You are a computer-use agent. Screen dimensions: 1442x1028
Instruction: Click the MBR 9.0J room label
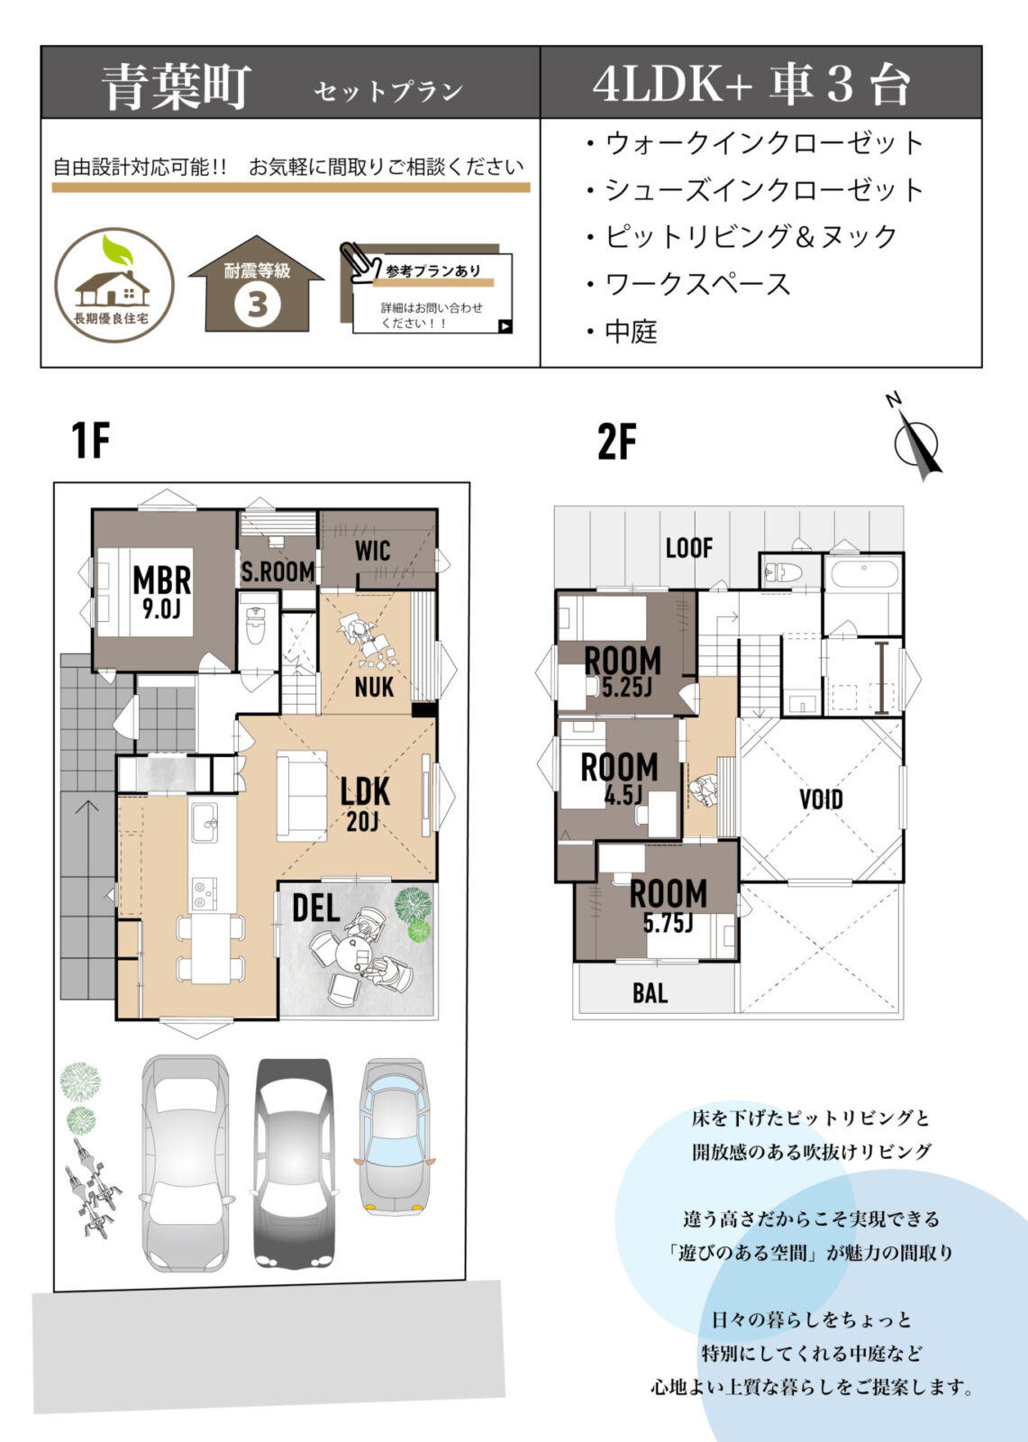[x=161, y=591]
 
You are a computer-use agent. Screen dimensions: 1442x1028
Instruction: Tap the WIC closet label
[x=372, y=550]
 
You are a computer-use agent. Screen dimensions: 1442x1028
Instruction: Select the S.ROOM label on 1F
[x=277, y=571]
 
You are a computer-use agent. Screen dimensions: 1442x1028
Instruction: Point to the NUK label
[x=374, y=687]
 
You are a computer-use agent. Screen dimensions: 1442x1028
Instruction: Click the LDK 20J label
[x=365, y=802]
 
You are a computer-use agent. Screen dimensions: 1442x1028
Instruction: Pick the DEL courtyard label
[x=315, y=908]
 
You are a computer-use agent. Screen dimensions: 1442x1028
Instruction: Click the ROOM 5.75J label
[x=668, y=905]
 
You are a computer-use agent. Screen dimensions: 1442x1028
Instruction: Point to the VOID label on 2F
[x=821, y=799]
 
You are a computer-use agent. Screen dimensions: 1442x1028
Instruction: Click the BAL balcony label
[x=650, y=993]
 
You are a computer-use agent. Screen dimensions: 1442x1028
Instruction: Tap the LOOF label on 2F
[x=689, y=547]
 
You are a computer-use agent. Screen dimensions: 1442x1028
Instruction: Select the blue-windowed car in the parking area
[x=395, y=1137]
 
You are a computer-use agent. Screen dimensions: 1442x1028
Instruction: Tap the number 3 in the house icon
[x=258, y=305]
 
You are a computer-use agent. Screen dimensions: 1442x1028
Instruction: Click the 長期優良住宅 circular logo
[x=114, y=285]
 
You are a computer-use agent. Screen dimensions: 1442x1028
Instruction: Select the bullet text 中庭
[x=631, y=332]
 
